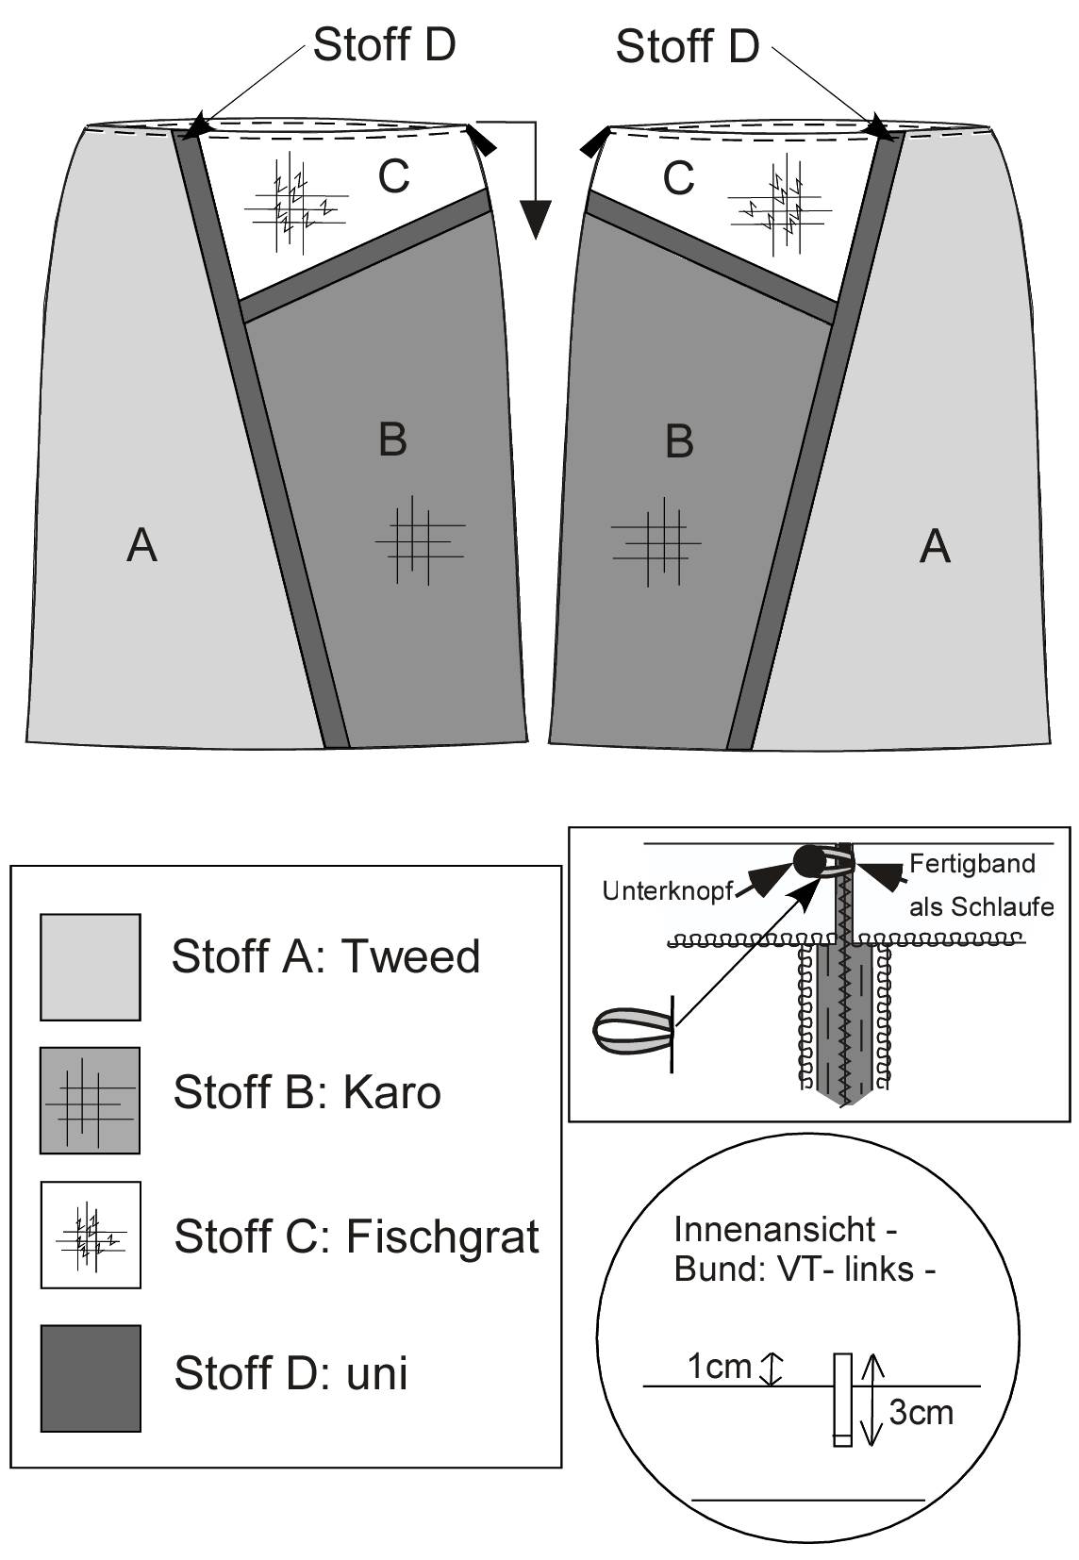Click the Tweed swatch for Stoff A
(x=91, y=967)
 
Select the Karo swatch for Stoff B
(x=90, y=1101)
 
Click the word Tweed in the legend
(x=411, y=956)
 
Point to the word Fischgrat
(x=442, y=1236)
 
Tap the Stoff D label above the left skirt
(x=385, y=44)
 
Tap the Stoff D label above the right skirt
(x=688, y=46)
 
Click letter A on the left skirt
(x=142, y=545)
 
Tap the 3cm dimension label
(x=921, y=1413)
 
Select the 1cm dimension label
(x=719, y=1367)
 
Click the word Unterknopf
(x=668, y=891)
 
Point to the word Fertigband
(x=972, y=864)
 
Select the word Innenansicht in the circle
(x=774, y=1230)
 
